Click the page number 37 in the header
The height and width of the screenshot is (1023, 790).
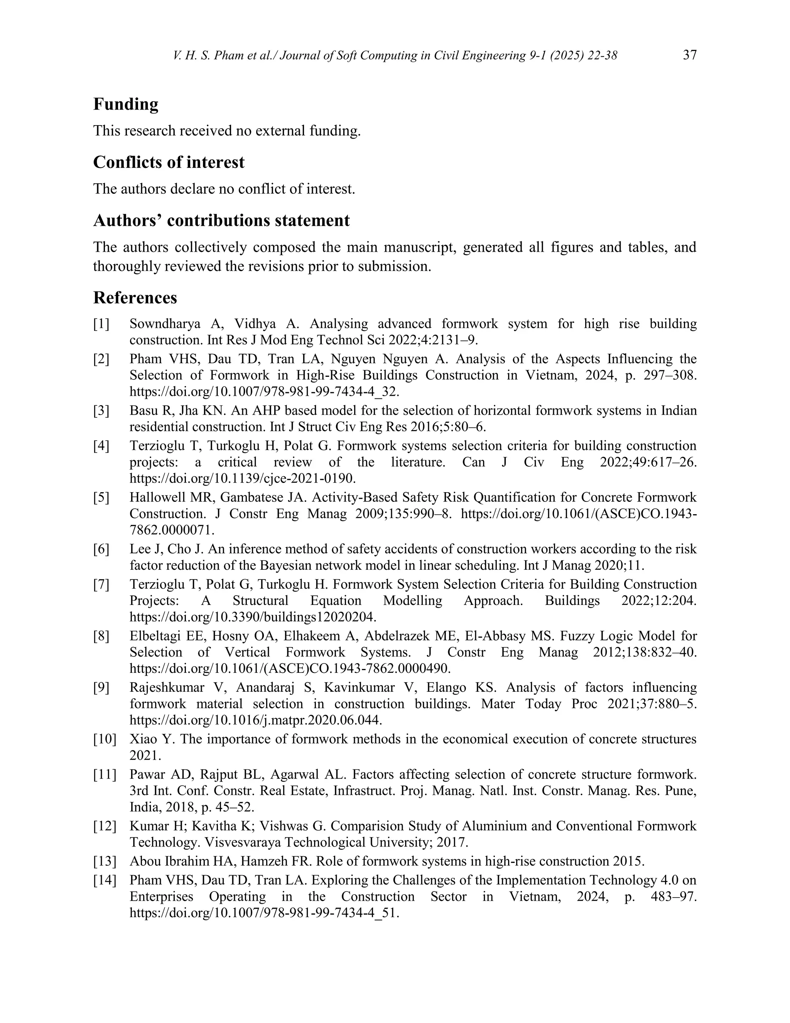(689, 55)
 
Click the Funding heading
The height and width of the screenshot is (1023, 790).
(125, 104)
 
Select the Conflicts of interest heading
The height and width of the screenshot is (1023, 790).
(169, 162)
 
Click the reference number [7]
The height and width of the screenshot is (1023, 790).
(101, 584)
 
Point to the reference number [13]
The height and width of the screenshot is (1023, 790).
(105, 861)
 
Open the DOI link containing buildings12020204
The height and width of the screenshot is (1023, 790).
(253, 617)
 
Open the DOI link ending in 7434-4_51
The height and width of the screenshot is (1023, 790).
(264, 913)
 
